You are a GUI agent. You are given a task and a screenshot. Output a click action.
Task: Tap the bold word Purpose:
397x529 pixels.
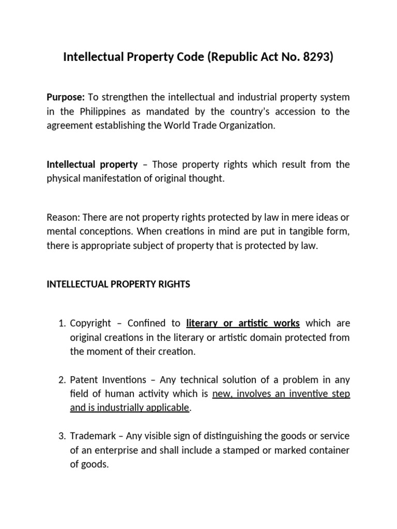(66, 97)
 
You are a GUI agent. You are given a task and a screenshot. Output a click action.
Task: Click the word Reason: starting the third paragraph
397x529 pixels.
(63, 217)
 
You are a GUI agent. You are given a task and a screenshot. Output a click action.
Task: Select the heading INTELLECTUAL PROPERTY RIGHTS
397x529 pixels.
(118, 285)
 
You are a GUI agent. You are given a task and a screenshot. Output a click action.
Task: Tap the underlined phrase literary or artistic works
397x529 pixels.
(242, 323)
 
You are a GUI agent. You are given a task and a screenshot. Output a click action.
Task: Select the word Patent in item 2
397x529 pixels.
(83, 380)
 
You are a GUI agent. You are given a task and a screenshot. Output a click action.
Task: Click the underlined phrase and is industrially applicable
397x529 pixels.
(129, 408)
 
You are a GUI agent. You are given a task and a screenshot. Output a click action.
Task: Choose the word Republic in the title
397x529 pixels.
(231, 57)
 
